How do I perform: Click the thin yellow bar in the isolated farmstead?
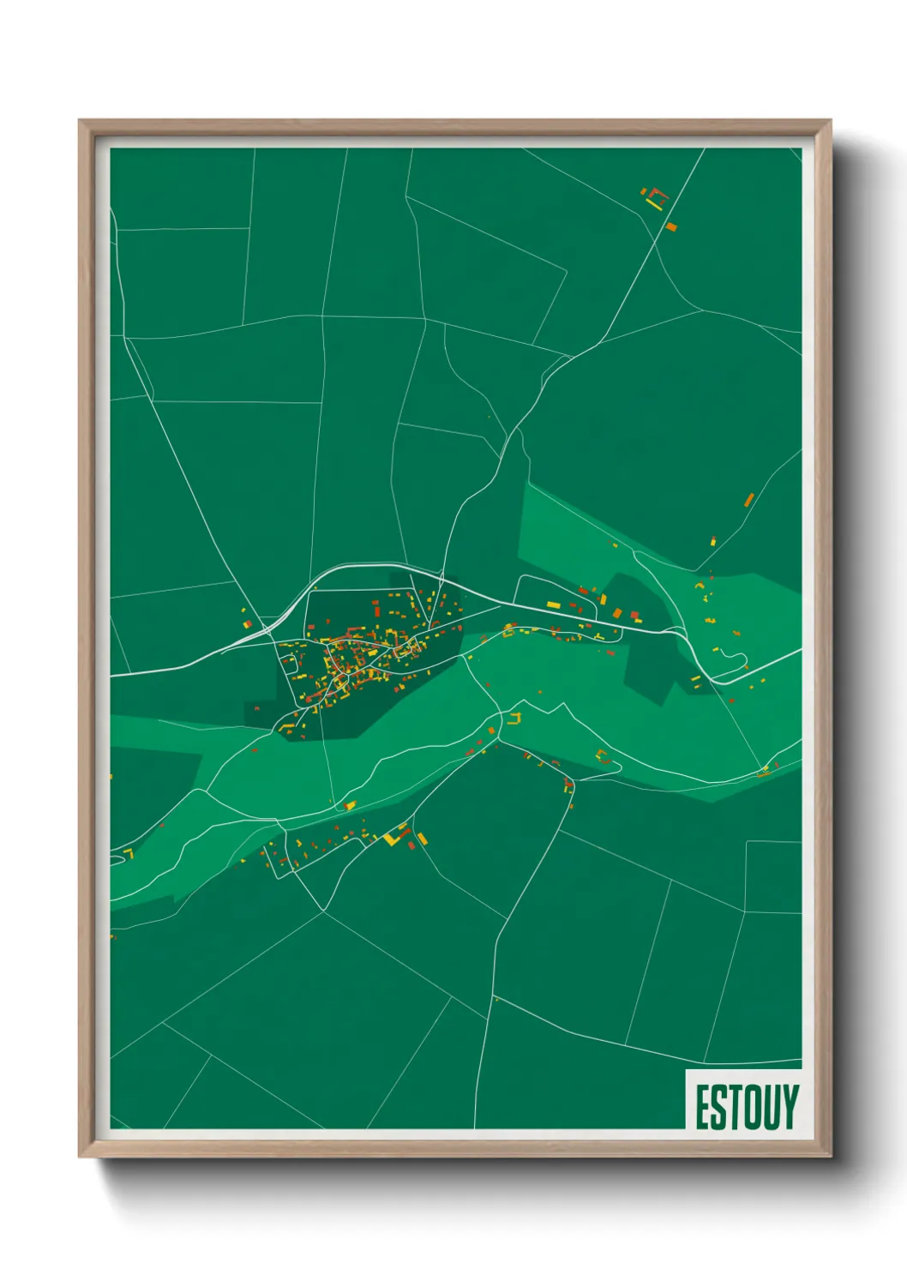point(655,205)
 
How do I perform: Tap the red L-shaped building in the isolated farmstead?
point(658,193)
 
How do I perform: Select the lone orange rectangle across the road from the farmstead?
point(671,226)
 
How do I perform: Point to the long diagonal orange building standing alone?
point(748,499)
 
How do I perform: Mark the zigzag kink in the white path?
point(562,707)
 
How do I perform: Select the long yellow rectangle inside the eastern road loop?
point(553,605)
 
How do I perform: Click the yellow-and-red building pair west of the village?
point(247,623)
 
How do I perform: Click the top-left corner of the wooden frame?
point(80,122)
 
